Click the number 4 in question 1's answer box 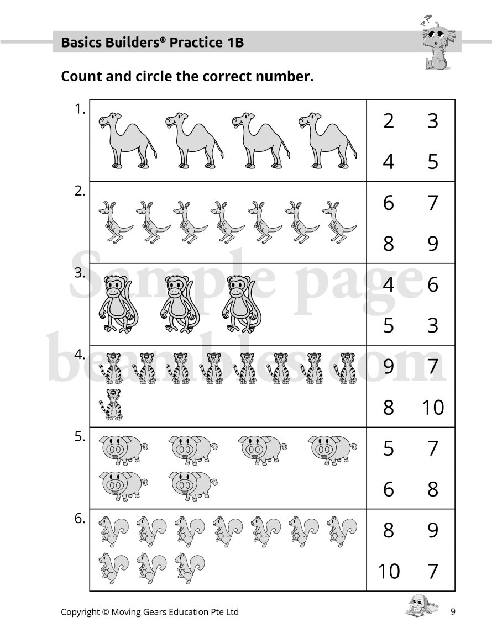[x=389, y=162]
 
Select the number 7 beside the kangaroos [x=432, y=203]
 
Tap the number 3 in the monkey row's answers [x=432, y=325]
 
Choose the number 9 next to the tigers [x=389, y=366]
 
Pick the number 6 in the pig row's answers [x=389, y=489]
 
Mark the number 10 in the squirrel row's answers [x=389, y=571]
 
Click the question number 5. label [x=80, y=437]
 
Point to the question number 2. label [x=80, y=192]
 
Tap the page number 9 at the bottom [x=452, y=611]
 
